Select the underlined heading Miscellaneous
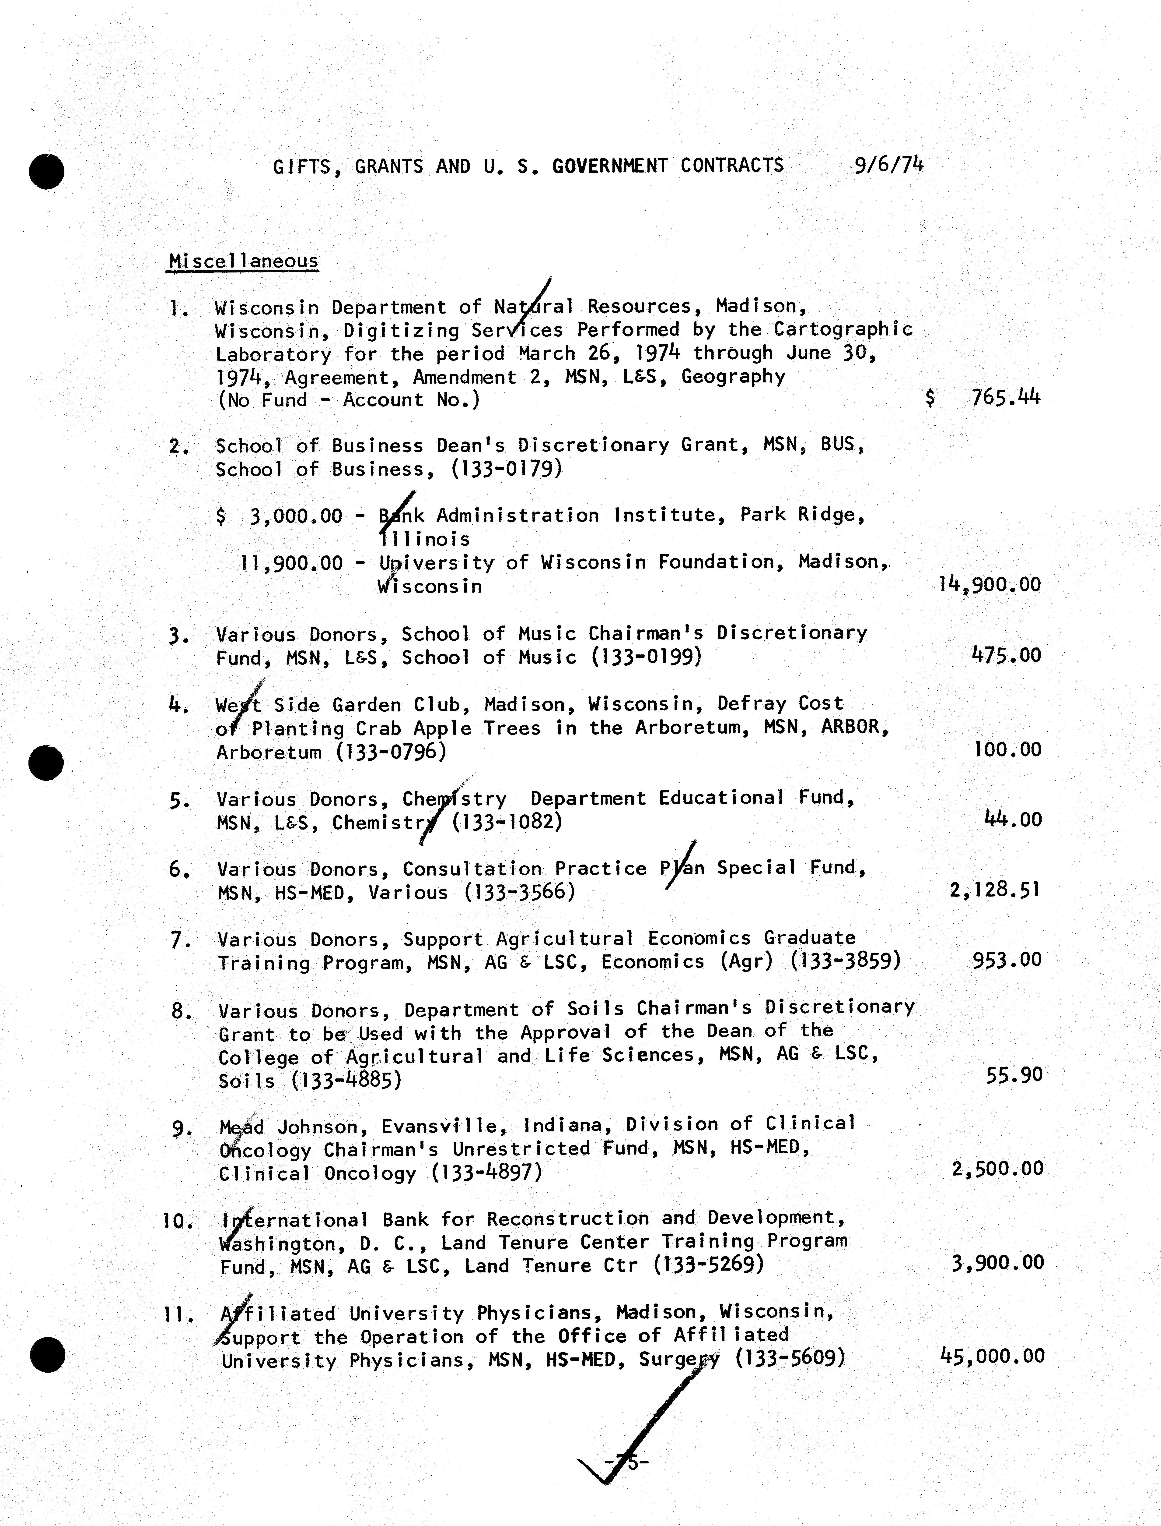[243, 261]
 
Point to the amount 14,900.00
[990, 585]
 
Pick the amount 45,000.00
[992, 1356]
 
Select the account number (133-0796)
[391, 752]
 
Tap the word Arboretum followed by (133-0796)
[269, 752]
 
